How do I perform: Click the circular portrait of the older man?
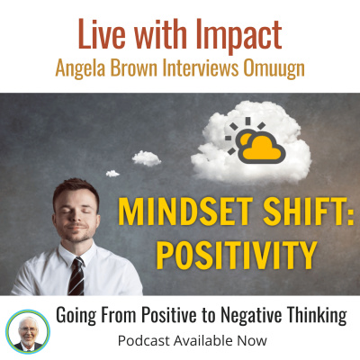pos(28,329)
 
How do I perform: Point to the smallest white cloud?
pos(112,173)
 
